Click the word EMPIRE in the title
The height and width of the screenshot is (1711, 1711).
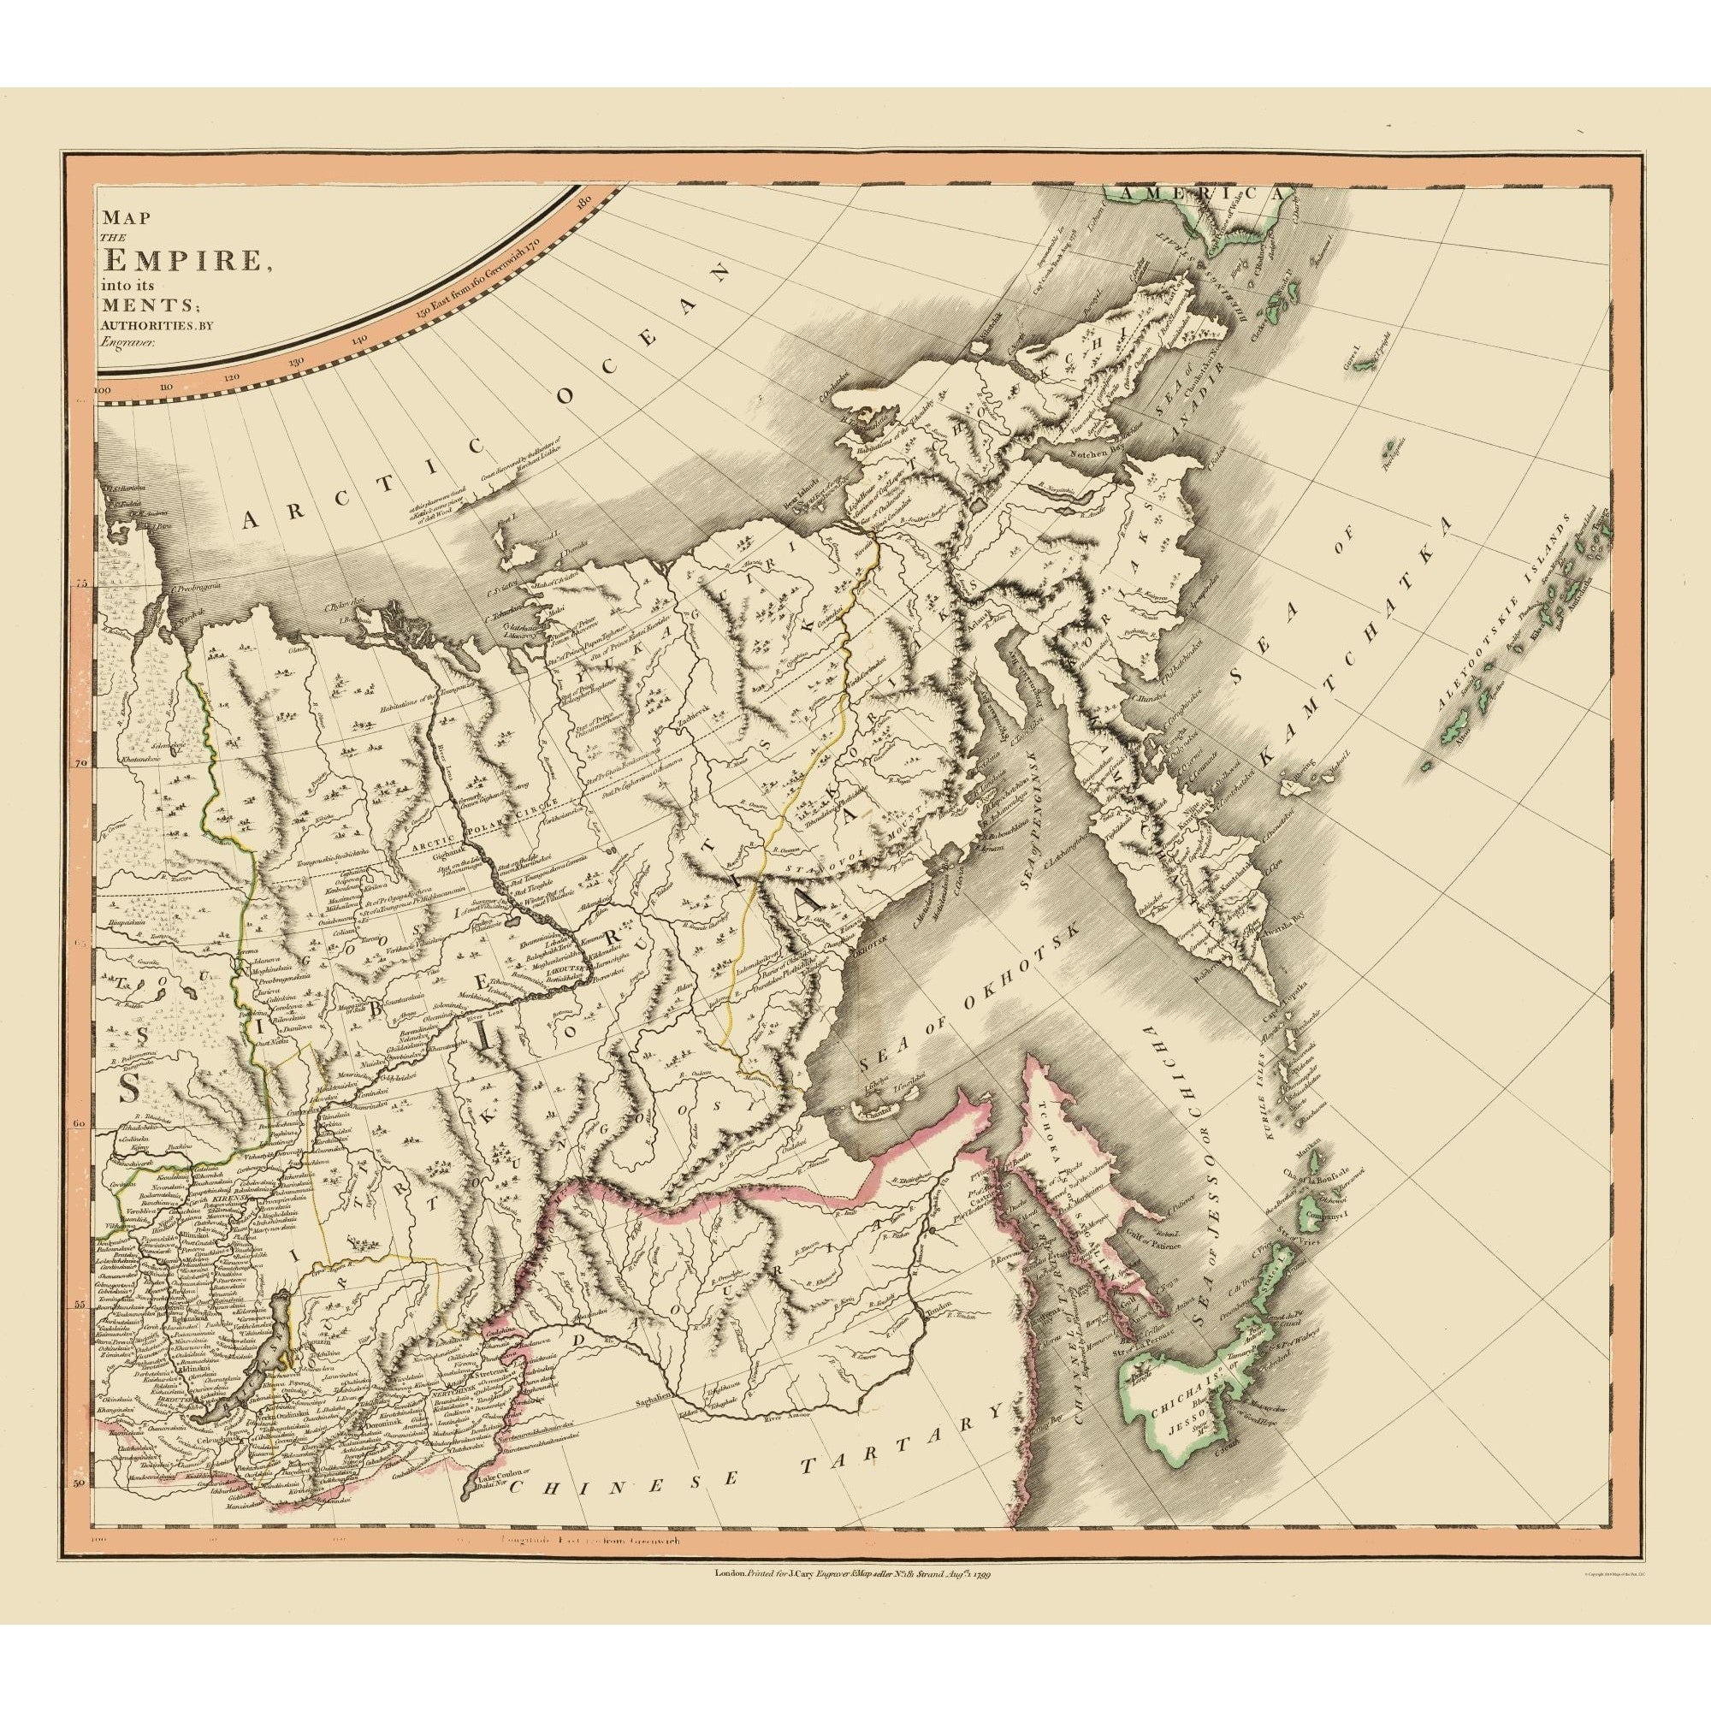tap(182, 261)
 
